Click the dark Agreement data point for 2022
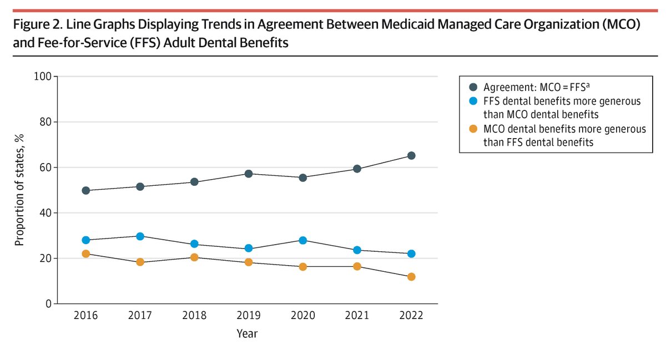pyautogui.click(x=411, y=156)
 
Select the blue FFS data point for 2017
pyautogui.click(x=140, y=236)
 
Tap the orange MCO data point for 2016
pyautogui.click(x=85, y=253)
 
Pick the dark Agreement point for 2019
pyautogui.click(x=249, y=174)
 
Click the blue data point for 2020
pyautogui.click(x=303, y=240)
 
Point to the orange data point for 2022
pyautogui.click(x=411, y=277)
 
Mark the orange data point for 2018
pyautogui.click(x=194, y=257)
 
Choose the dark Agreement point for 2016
pyautogui.click(x=85, y=190)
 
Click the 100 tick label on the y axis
pyautogui.click(x=43, y=77)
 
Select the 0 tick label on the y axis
pyautogui.click(x=48, y=304)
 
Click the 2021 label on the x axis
pyautogui.click(x=357, y=316)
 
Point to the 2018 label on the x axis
pyautogui.click(x=194, y=316)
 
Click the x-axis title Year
pyautogui.click(x=248, y=334)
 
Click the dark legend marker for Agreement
pyautogui.click(x=473, y=87)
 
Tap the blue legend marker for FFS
pyautogui.click(x=473, y=101)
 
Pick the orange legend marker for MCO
pyautogui.click(x=473, y=129)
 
